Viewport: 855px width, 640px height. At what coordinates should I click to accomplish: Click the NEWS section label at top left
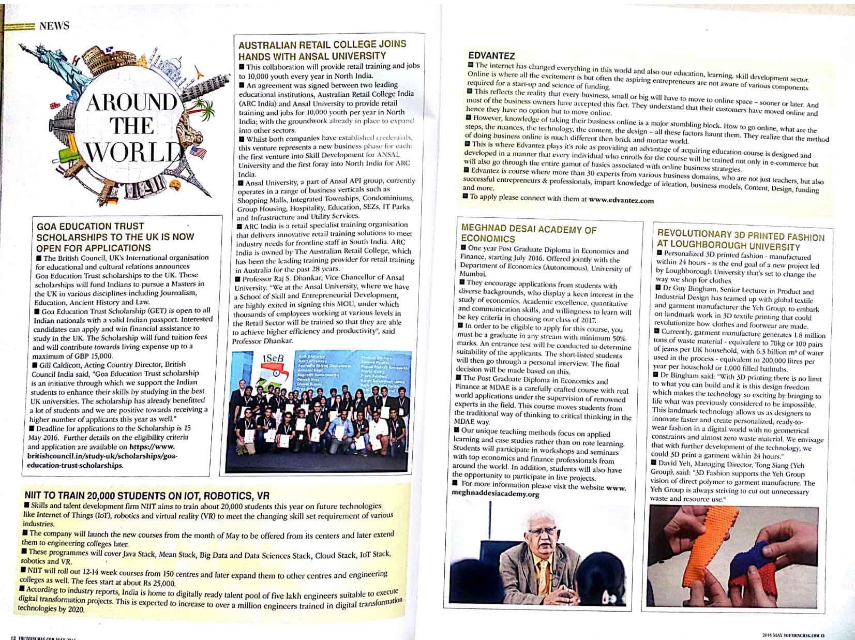pos(54,26)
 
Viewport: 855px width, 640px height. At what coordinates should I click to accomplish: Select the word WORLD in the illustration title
pos(136,152)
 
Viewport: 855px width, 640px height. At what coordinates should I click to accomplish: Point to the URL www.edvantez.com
pos(621,200)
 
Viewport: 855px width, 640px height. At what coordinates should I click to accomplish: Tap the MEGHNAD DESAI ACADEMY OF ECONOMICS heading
pos(528,234)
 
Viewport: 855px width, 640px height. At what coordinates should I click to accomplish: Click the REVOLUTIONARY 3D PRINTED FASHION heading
pos(740,241)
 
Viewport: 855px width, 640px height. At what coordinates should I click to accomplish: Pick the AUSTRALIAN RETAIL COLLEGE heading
pos(322,50)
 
